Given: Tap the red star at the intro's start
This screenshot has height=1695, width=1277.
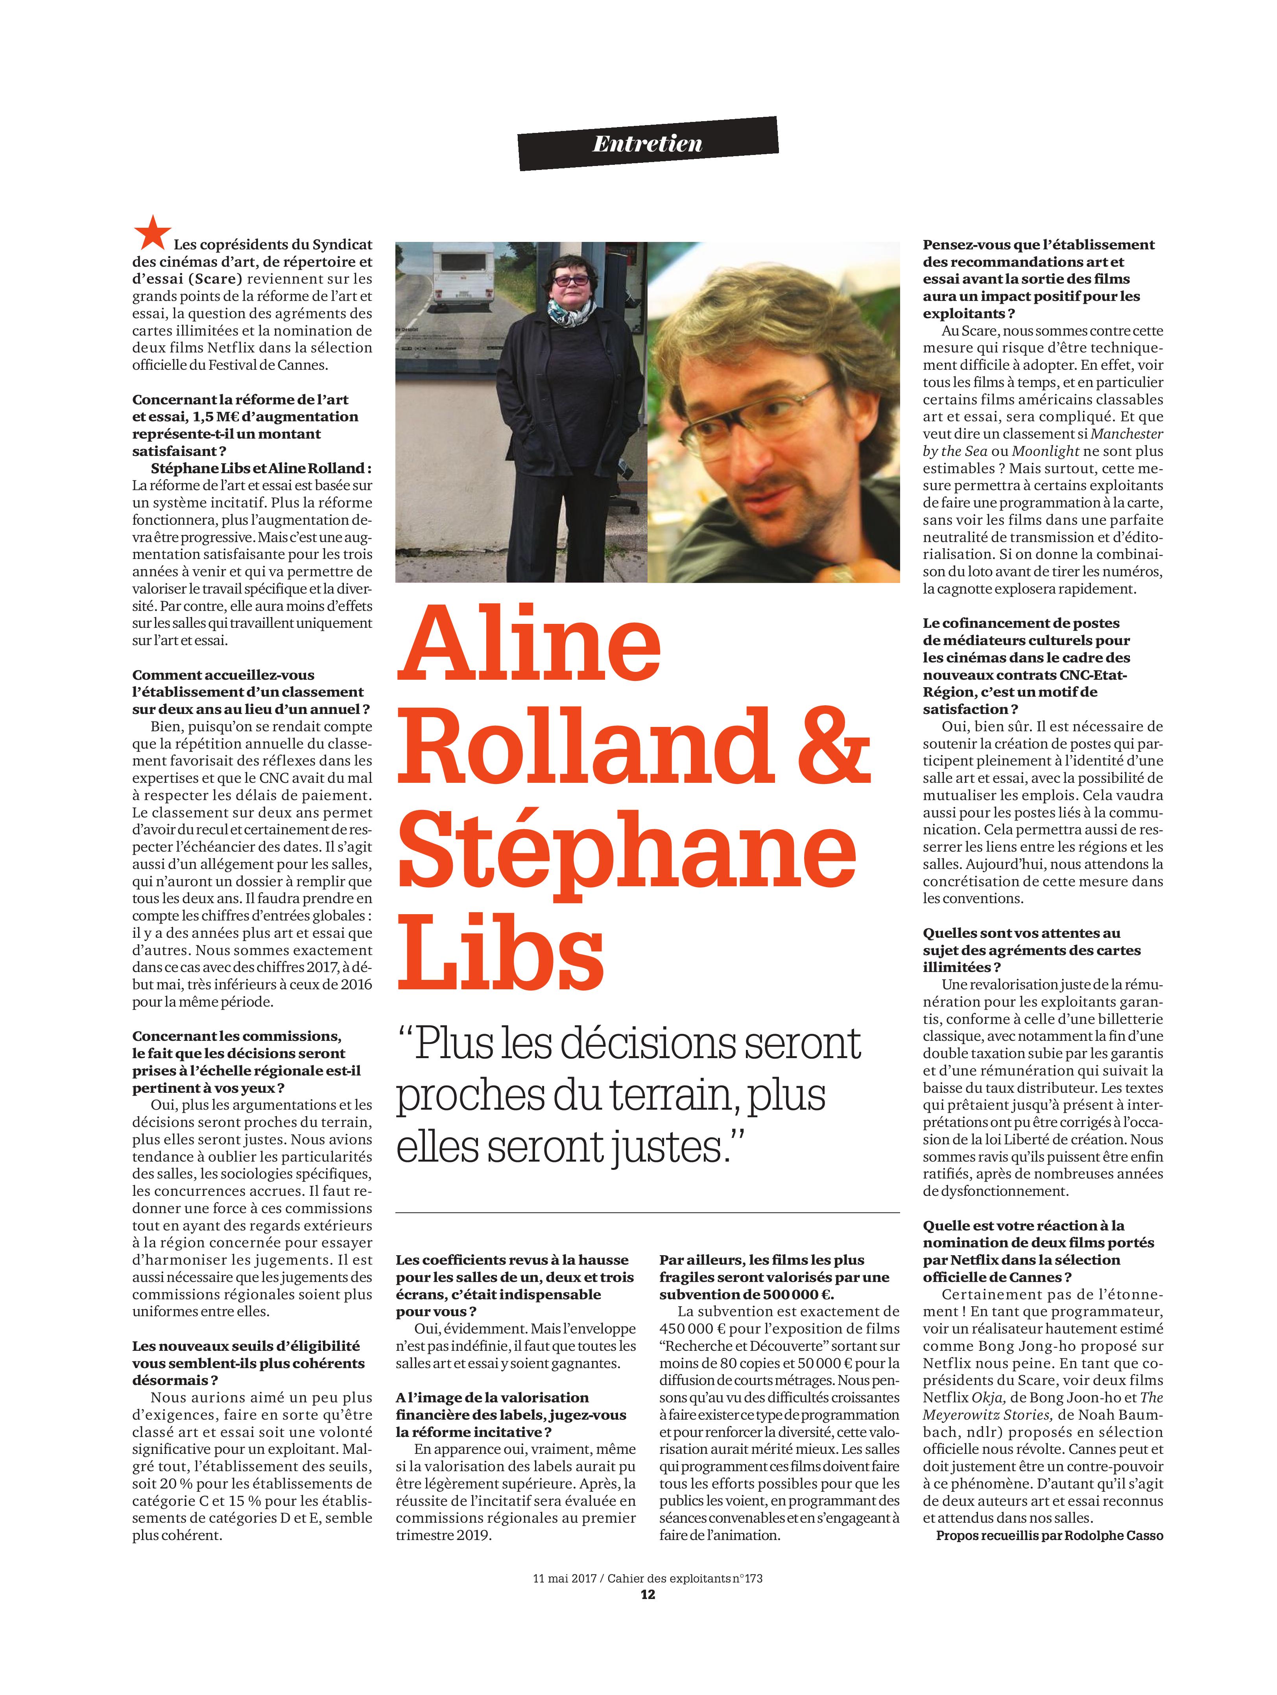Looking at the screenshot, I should [152, 233].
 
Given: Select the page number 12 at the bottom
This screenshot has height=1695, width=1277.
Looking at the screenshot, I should [648, 1595].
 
